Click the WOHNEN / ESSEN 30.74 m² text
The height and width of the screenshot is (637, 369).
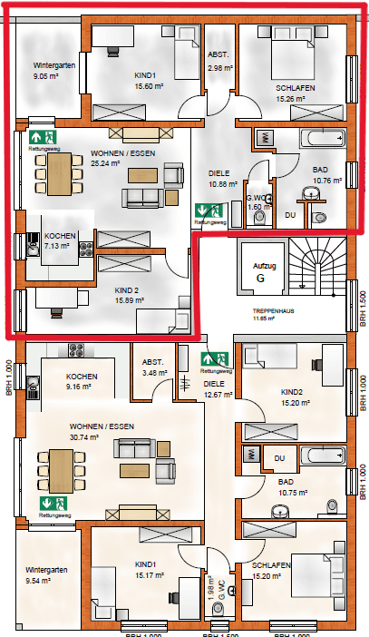pos(100,430)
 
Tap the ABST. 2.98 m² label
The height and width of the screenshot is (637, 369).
pos(219,61)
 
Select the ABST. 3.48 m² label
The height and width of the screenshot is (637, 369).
pos(152,367)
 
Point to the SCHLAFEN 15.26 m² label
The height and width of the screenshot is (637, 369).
pos(296,93)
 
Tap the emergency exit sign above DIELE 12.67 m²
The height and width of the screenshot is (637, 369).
pos(214,360)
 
